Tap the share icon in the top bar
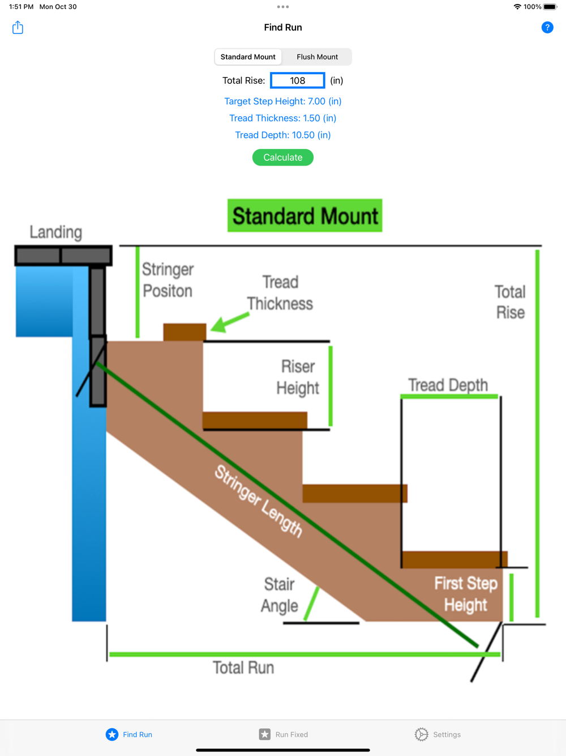click(18, 27)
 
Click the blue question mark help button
click(547, 27)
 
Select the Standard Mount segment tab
click(248, 57)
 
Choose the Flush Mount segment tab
click(317, 57)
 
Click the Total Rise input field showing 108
click(297, 80)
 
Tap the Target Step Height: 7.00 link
click(282, 101)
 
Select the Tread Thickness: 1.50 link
click(282, 118)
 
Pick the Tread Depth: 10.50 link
click(282, 135)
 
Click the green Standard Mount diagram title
click(305, 215)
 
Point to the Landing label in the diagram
click(55, 232)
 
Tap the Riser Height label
click(298, 377)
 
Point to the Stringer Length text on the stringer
click(259, 500)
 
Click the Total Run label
click(243, 668)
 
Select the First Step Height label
click(465, 594)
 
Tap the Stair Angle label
click(279, 594)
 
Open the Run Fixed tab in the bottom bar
click(284, 734)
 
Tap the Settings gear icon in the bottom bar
click(421, 734)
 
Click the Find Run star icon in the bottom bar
click(112, 734)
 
